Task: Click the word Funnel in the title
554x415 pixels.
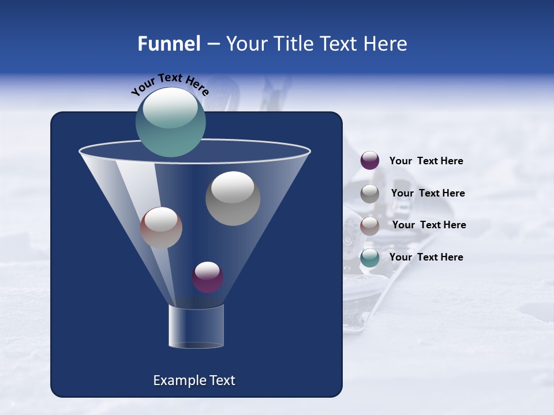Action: (169, 44)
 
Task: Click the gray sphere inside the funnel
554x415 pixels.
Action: (233, 198)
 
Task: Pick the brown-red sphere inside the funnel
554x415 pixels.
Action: (161, 228)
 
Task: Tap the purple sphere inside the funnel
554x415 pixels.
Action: (207, 277)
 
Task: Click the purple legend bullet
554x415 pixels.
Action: (370, 161)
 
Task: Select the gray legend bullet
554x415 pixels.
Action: (370, 193)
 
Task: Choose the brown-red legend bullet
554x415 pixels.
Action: (370, 225)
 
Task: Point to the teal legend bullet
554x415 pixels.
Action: (370, 258)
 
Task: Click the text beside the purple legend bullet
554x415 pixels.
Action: (426, 161)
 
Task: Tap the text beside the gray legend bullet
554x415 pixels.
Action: (428, 193)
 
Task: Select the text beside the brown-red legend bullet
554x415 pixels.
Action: (429, 225)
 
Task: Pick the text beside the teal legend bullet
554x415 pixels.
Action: (426, 257)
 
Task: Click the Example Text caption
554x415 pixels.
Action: (194, 380)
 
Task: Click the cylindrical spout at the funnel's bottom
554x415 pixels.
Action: (196, 326)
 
